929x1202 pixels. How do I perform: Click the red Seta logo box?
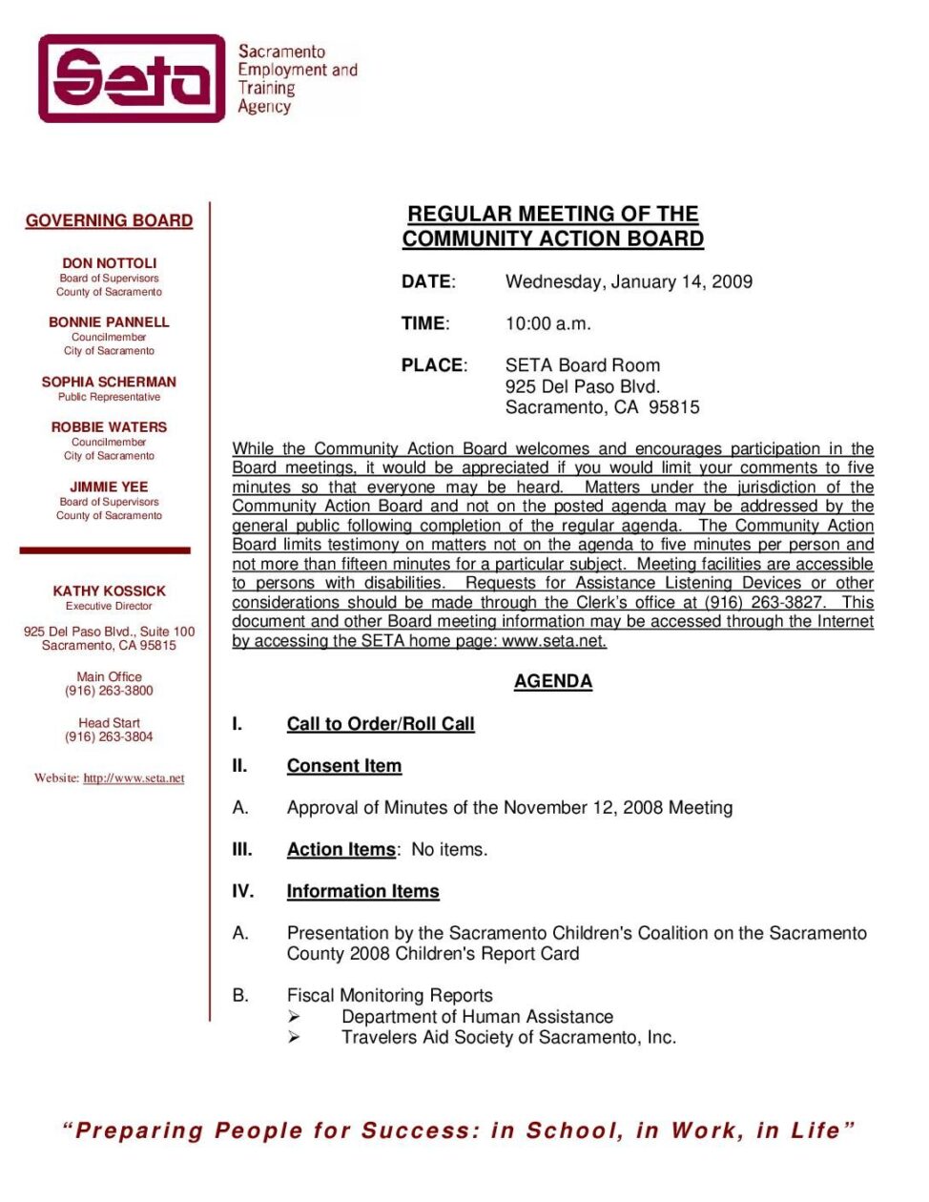pyautogui.click(x=132, y=78)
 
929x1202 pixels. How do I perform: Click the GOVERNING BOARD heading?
pyautogui.click(x=109, y=220)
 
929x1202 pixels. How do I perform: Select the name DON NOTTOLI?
pyautogui.click(x=109, y=263)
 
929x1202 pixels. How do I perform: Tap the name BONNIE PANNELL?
pyautogui.click(x=109, y=322)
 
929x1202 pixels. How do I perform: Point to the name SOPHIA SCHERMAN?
pyautogui.click(x=109, y=382)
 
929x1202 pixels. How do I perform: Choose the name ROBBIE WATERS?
pyautogui.click(x=109, y=427)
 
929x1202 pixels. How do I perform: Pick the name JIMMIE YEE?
pyautogui.click(x=109, y=487)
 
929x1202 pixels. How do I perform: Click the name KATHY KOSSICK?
pyautogui.click(x=109, y=591)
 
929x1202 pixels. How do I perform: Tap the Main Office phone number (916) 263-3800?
pyautogui.click(x=109, y=691)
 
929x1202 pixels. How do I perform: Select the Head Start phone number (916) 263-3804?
pyautogui.click(x=109, y=736)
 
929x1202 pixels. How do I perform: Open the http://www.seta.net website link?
pyautogui.click(x=134, y=778)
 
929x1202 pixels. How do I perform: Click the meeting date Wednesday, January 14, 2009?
pyautogui.click(x=629, y=281)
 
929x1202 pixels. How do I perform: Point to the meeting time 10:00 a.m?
pyautogui.click(x=547, y=323)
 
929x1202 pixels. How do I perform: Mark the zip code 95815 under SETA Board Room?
pyautogui.click(x=674, y=407)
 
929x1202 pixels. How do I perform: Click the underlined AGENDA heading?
pyautogui.click(x=553, y=681)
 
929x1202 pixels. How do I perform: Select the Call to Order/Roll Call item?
pyautogui.click(x=381, y=724)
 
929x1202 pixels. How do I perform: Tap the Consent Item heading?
pyautogui.click(x=344, y=766)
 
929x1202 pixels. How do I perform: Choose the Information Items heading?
pyautogui.click(x=363, y=891)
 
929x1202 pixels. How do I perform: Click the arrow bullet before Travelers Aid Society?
pyautogui.click(x=294, y=1037)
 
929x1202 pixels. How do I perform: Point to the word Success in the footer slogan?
pyautogui.click(x=421, y=1131)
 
